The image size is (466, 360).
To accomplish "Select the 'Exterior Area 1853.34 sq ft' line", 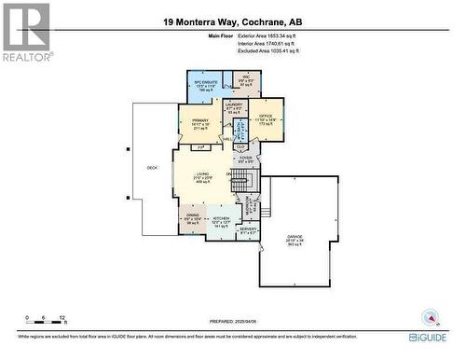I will (x=270, y=35).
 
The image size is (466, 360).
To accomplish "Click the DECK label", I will (x=152, y=168).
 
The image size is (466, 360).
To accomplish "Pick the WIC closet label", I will (x=246, y=78).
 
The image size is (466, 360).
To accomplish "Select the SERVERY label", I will (x=248, y=229).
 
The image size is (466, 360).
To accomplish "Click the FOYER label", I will (x=246, y=159).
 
